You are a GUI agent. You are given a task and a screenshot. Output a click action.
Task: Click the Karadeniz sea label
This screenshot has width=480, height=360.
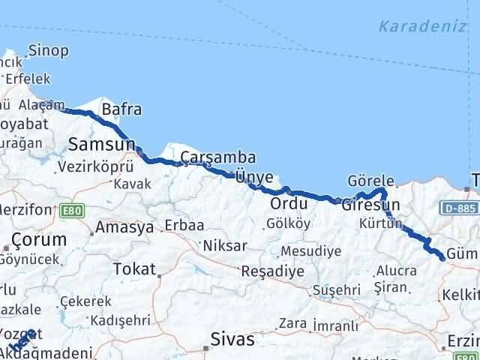[422, 27]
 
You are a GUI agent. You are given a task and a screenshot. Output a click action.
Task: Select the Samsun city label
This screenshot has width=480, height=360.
[101, 143]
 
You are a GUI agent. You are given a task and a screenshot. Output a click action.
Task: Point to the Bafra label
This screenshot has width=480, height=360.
[121, 109]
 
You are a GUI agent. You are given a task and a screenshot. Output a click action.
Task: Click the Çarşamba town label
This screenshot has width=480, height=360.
[217, 157]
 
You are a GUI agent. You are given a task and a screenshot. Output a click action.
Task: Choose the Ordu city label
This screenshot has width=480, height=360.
[289, 203]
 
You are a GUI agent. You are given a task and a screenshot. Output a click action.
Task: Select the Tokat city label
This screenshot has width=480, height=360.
[133, 269]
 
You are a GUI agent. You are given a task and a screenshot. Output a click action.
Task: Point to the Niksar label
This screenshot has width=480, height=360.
[224, 245]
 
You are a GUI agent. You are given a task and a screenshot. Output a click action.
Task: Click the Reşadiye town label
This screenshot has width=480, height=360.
[272, 271]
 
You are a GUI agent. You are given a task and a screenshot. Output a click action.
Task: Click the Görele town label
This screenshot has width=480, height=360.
[370, 181]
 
